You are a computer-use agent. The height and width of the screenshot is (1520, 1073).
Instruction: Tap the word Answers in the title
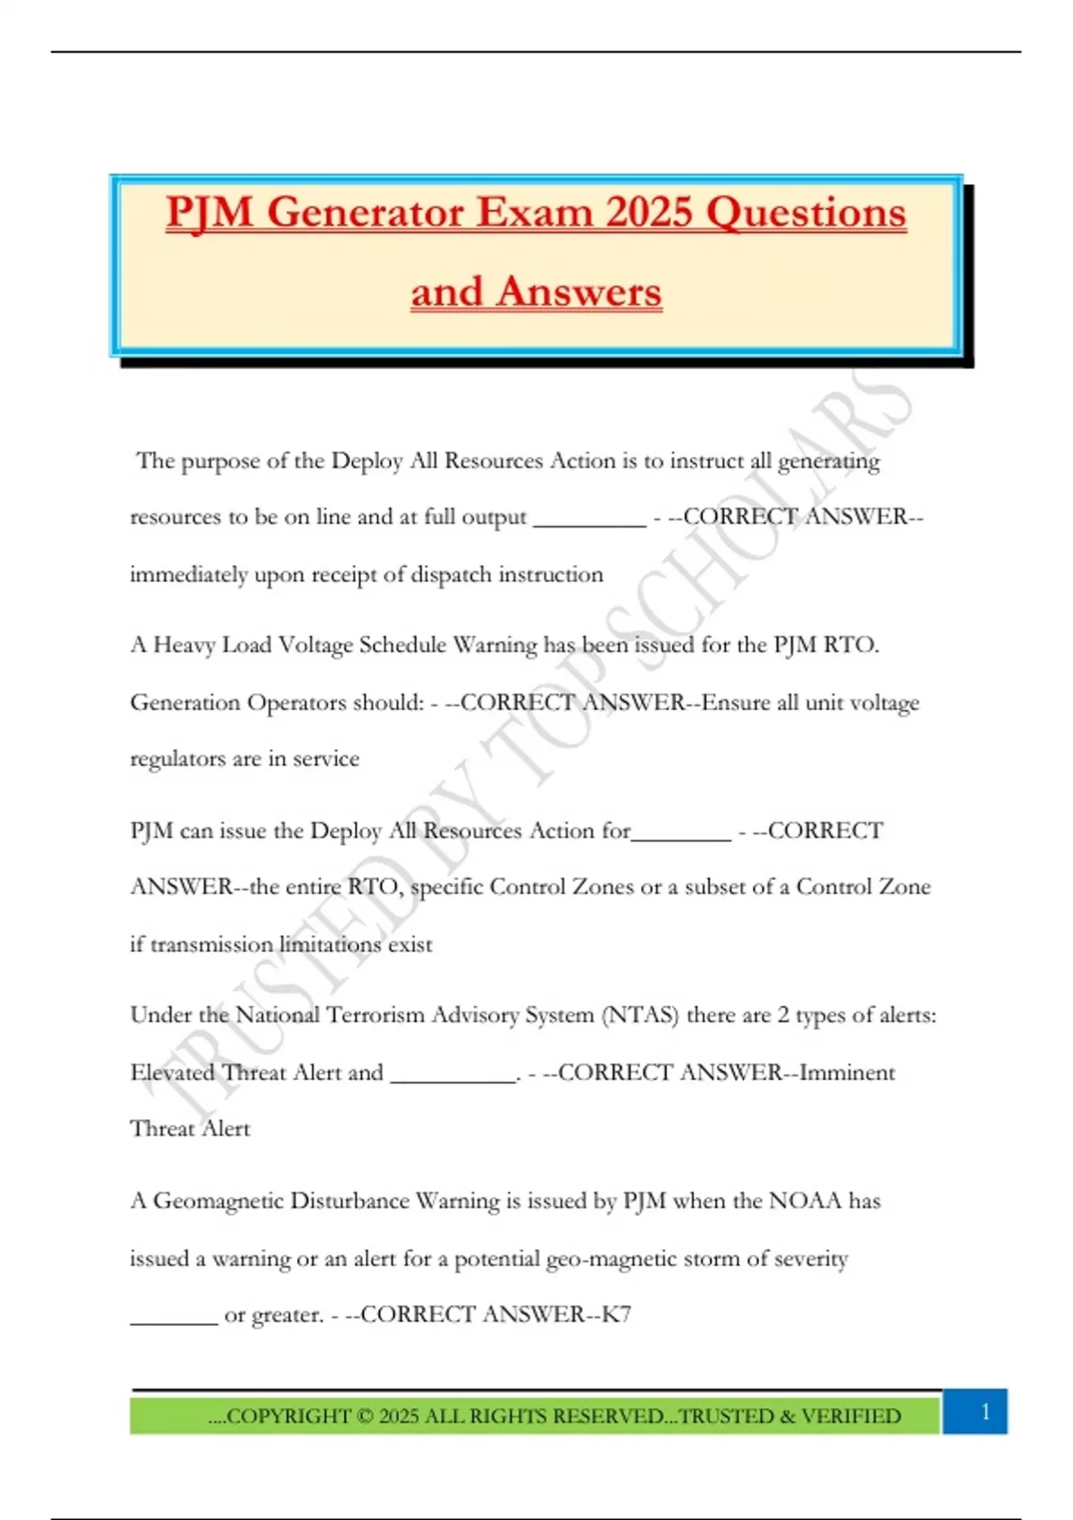tap(579, 291)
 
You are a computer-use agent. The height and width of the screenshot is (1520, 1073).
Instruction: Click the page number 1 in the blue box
tap(985, 1412)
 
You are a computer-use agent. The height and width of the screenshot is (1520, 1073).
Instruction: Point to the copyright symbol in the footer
tap(364, 1416)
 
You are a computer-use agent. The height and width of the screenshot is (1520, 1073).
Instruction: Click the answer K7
tap(616, 1314)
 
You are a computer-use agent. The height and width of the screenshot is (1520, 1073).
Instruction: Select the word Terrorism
tap(375, 1015)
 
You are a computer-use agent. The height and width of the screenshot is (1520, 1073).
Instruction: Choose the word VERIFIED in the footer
tap(850, 1416)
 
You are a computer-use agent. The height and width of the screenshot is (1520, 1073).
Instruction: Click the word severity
tap(811, 1258)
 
